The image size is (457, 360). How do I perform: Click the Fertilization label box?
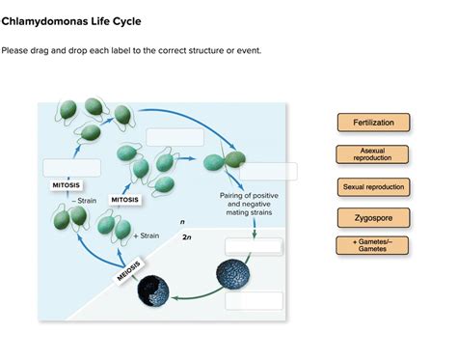(373, 123)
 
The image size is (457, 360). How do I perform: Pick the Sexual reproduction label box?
(373, 186)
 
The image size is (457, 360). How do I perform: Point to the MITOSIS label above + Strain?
(125, 200)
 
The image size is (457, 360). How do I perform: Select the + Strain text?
(147, 235)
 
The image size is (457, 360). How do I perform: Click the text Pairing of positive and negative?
(249, 198)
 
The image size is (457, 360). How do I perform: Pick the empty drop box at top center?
(175, 137)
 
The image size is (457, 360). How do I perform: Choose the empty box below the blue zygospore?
(254, 300)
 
